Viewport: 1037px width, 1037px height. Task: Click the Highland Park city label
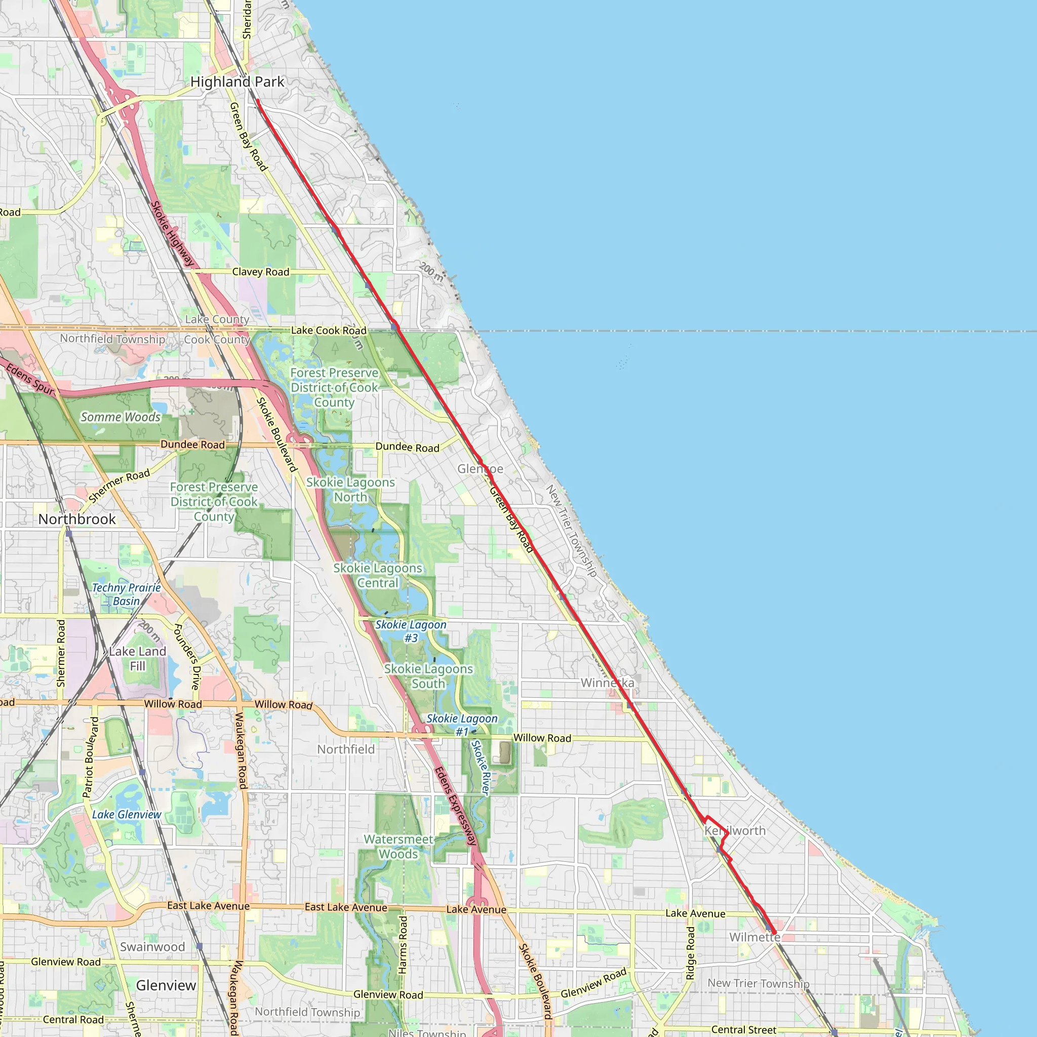[237, 82]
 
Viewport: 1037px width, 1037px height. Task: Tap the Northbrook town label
[77, 519]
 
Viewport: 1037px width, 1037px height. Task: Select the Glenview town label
[166, 985]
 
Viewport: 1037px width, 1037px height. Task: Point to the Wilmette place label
[754, 937]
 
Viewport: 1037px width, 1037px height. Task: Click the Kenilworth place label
[735, 830]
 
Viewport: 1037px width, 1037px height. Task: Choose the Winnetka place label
[607, 683]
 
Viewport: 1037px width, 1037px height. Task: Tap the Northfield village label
[346, 749]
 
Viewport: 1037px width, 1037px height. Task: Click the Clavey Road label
[260, 272]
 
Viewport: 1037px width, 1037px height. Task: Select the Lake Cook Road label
[329, 331]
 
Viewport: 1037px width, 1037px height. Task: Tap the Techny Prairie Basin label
[126, 594]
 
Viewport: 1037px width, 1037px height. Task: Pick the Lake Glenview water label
[126, 814]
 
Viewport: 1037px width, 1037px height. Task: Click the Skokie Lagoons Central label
[378, 575]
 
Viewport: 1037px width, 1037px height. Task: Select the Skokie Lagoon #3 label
[411, 631]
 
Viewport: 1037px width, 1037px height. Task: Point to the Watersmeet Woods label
[398, 847]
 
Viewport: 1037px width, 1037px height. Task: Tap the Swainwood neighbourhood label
[152, 947]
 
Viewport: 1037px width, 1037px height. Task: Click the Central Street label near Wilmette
[743, 1029]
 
